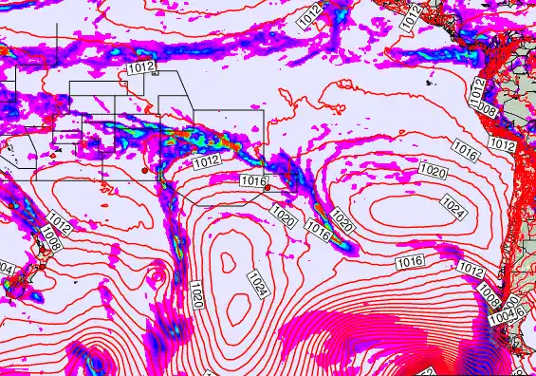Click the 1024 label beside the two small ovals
pos(255,283)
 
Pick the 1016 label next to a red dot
pos(253,180)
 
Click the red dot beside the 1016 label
pos(268,188)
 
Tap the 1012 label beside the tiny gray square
pos(140,68)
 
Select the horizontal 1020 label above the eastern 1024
pos(432,171)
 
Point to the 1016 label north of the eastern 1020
pos(464,149)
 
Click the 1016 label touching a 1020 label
pos(318,228)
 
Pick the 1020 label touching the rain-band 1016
pos(342,224)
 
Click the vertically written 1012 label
pos(478,92)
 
